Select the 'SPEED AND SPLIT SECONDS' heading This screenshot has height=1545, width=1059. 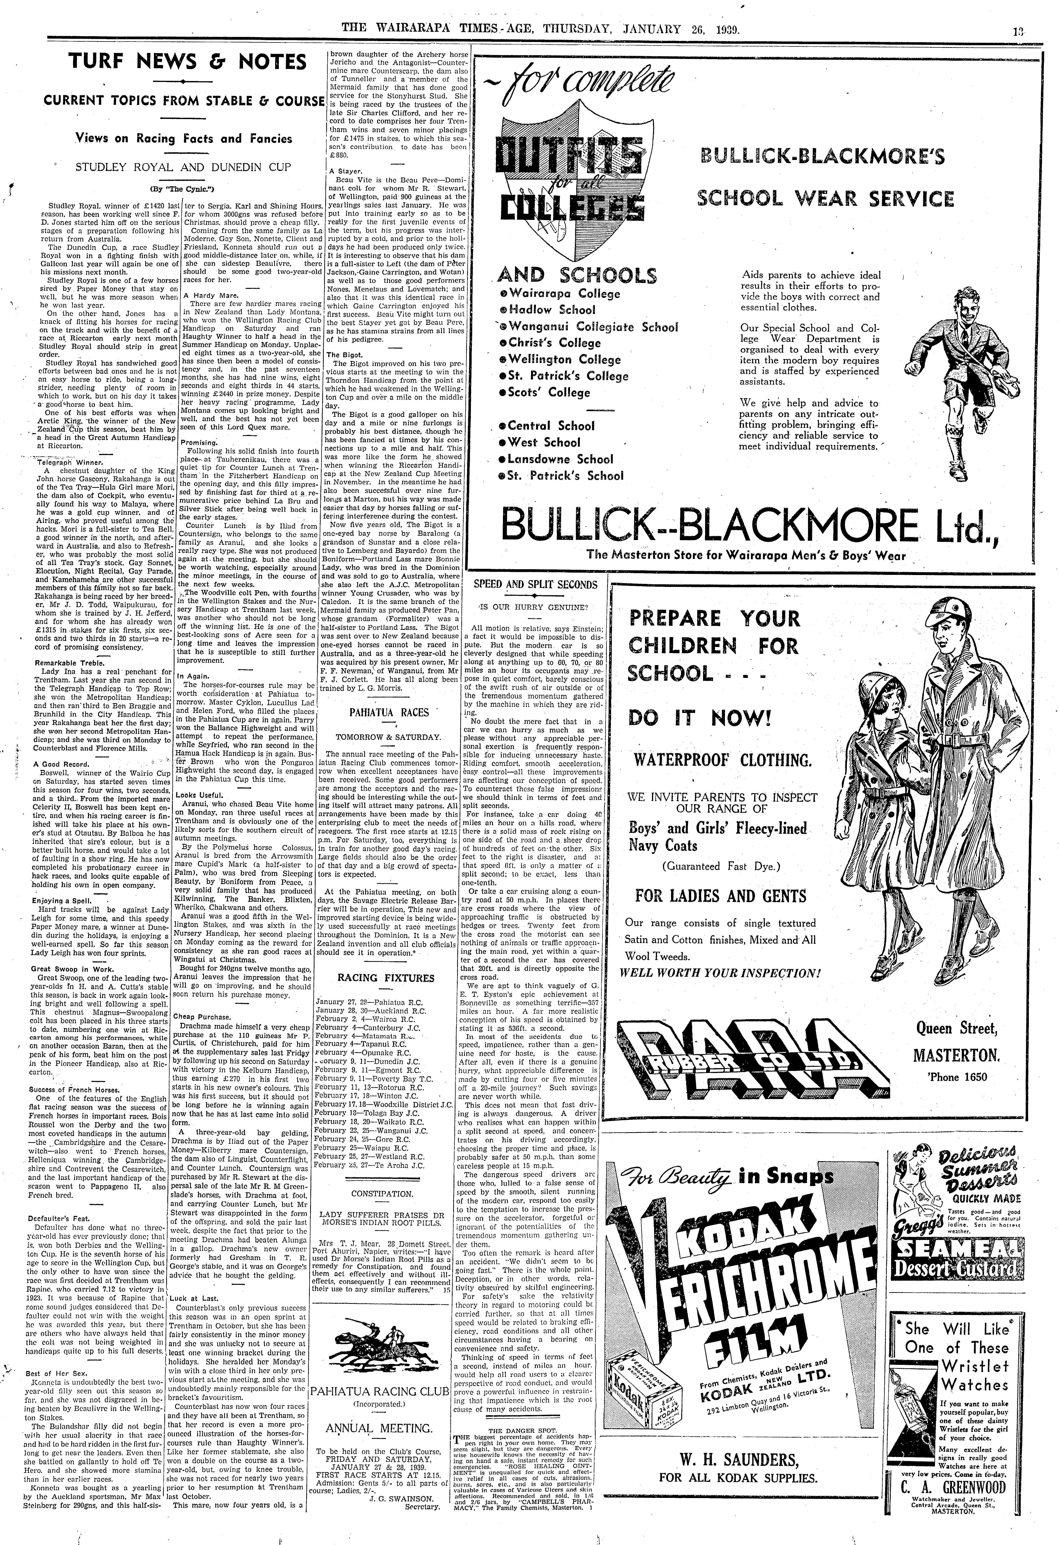(x=535, y=585)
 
